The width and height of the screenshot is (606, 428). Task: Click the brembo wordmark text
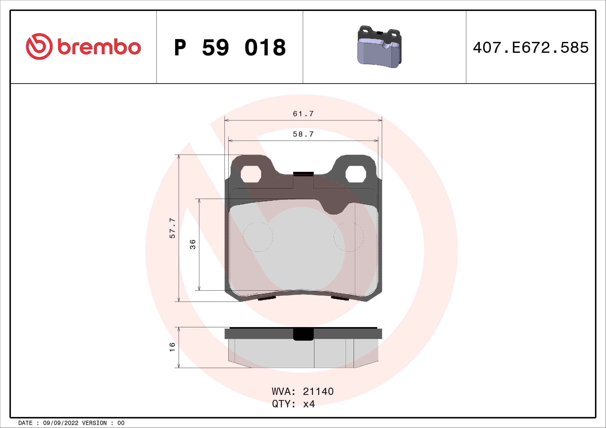[x=99, y=47]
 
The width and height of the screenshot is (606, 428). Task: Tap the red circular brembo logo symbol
[x=39, y=46]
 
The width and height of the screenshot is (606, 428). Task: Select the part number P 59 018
[x=230, y=48]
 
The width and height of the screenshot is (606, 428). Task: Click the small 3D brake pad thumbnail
[x=379, y=47]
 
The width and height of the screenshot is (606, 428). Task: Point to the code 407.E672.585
[x=531, y=48]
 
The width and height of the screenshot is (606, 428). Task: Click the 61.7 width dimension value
[x=303, y=114]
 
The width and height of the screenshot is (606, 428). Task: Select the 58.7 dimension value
[x=303, y=134]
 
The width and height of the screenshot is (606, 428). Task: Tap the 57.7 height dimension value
[x=172, y=228]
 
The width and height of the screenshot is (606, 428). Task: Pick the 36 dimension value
[x=193, y=244]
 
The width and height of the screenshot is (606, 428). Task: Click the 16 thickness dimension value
[x=172, y=347]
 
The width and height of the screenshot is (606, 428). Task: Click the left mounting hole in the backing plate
[x=251, y=174]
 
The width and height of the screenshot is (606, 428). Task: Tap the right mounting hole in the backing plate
[x=355, y=174]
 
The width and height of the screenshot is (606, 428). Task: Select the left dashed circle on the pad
[x=258, y=237]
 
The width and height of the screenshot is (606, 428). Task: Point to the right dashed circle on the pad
[x=348, y=237]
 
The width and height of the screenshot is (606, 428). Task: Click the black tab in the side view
[x=303, y=334]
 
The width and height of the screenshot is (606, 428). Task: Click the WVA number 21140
[x=318, y=392]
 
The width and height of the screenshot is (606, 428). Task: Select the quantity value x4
[x=309, y=404]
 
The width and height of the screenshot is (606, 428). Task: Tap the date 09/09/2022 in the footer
[x=60, y=423]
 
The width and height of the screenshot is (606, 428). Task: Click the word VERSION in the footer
[x=95, y=423]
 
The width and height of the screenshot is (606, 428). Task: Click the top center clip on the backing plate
[x=303, y=174]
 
